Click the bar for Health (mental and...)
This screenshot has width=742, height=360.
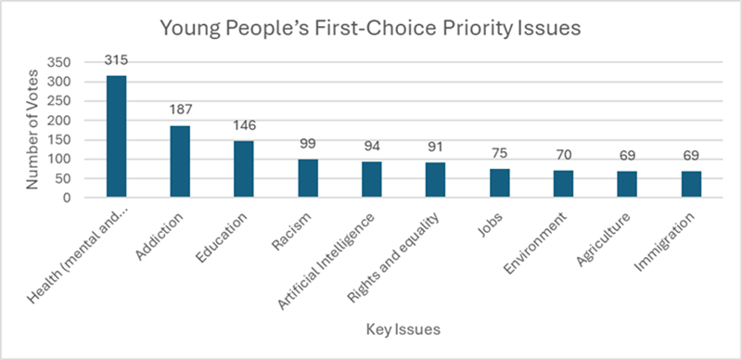tap(116, 136)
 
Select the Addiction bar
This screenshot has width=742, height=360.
tap(180, 161)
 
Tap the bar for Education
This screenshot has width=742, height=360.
tap(243, 169)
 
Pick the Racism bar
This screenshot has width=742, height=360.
tap(307, 178)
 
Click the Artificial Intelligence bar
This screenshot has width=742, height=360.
tap(371, 179)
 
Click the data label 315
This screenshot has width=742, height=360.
tap(116, 60)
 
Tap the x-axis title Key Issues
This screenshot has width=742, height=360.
tap(403, 330)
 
